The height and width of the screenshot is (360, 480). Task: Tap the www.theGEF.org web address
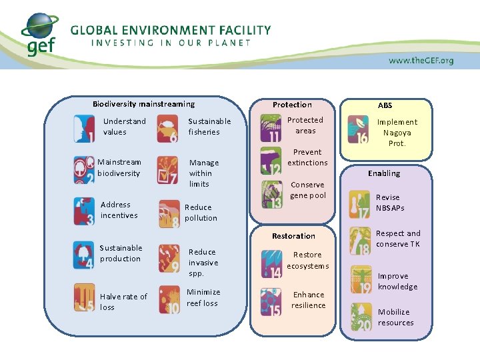421,61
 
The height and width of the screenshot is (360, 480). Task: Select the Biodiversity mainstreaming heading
143,104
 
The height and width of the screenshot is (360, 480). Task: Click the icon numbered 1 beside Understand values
84,129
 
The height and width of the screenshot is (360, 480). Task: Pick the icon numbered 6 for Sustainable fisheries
167,129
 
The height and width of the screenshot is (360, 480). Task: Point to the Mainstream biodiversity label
119,167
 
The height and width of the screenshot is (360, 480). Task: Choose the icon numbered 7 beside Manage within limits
167,170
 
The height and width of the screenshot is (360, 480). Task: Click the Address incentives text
119,210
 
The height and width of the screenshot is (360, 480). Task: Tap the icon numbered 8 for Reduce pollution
169,213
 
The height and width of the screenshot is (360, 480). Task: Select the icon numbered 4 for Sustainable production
84,255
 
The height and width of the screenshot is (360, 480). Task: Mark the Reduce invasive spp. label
203,263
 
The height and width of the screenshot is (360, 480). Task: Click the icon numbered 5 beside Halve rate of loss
84,299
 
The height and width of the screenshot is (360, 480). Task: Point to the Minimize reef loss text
203,297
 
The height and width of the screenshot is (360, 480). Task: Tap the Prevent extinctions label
307,157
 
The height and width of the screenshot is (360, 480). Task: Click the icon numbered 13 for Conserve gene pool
271,194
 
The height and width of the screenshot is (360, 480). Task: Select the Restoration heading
293,236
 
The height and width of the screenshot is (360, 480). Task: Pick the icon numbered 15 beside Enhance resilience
271,302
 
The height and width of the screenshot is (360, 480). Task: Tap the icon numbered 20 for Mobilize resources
361,317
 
